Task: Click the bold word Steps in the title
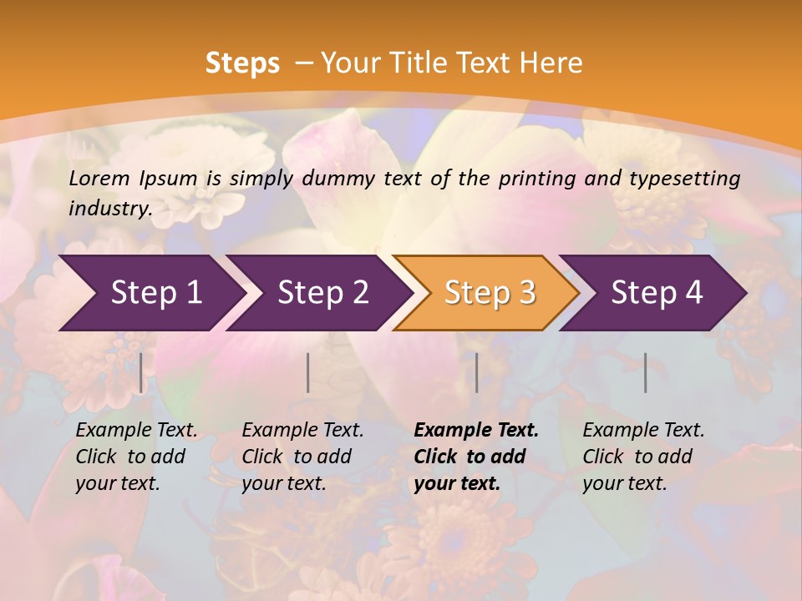[x=242, y=63]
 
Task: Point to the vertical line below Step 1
[x=141, y=372]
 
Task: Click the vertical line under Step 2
[x=308, y=372]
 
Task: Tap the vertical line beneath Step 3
[x=476, y=372]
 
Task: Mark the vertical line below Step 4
[x=645, y=372]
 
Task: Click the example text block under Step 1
[x=136, y=457]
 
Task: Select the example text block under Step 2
[x=302, y=457]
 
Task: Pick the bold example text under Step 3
[x=476, y=457]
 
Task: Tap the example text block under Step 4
[x=643, y=457]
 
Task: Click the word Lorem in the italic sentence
[x=99, y=179]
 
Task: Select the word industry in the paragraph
[x=109, y=208]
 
